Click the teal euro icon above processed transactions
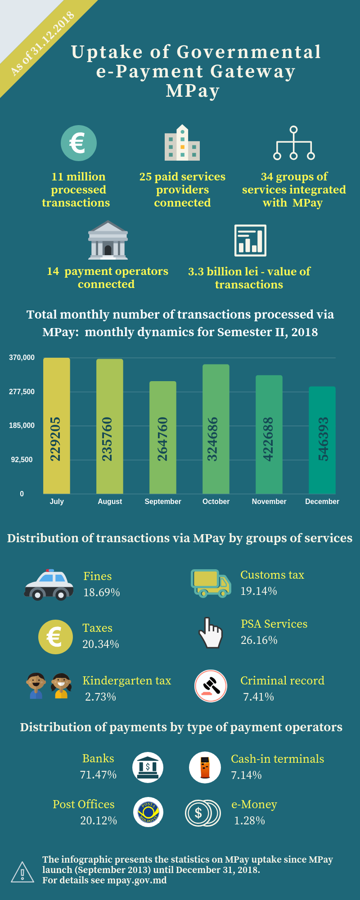(79, 143)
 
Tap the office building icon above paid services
(182, 143)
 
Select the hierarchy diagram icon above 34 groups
(294, 143)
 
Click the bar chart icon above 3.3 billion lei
(250, 240)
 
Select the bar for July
(57, 425)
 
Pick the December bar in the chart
(322, 440)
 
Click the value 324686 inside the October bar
(212, 439)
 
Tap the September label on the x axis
(163, 501)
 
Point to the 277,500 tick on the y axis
(22, 391)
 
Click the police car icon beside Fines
(49, 585)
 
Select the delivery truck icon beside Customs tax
(211, 584)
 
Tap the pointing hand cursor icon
(211, 633)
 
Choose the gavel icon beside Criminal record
(211, 686)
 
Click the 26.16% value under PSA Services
(259, 640)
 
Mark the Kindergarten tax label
(127, 680)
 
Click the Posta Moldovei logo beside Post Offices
(148, 812)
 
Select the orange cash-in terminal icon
(205, 767)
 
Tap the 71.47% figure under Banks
(98, 774)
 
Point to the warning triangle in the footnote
(22, 873)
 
